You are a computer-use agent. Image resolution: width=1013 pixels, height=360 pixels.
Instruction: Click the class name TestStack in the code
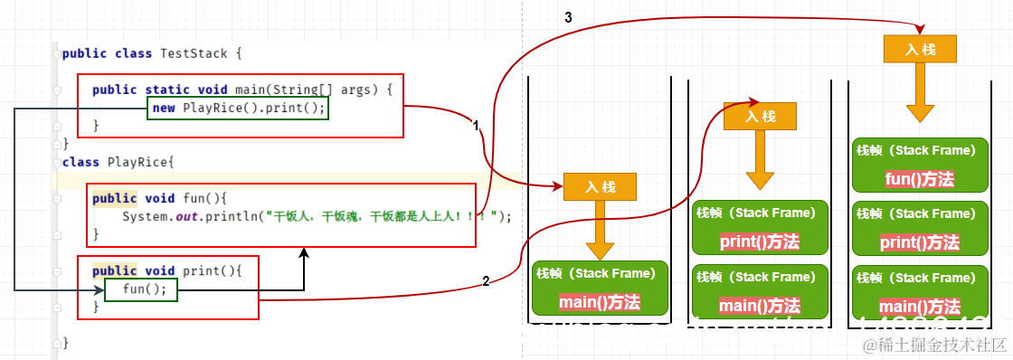coord(197,53)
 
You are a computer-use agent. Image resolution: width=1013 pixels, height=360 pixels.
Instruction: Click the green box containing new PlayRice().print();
coord(237,109)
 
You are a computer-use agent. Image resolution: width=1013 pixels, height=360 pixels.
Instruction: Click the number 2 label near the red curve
coord(486,281)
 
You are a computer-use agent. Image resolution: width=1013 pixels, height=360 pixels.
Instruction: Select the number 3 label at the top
coord(567,17)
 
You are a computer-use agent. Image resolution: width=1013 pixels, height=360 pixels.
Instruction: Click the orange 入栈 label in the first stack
coord(600,187)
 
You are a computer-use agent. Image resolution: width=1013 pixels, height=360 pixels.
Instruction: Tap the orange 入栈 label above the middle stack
coord(760,116)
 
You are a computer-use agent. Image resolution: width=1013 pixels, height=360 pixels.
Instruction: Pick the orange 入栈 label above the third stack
coord(920,49)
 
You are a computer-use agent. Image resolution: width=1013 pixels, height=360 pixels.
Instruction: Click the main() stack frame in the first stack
coord(600,289)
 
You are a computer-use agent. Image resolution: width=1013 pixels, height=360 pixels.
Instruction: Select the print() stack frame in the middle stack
coord(760,228)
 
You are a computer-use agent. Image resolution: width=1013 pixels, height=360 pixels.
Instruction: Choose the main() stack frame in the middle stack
coord(760,291)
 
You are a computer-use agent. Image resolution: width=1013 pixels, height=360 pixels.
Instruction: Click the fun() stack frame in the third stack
coord(919,165)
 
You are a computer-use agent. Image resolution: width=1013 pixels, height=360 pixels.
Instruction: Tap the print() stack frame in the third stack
coord(919,228)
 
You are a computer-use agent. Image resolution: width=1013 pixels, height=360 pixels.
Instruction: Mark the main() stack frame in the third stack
coord(919,292)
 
